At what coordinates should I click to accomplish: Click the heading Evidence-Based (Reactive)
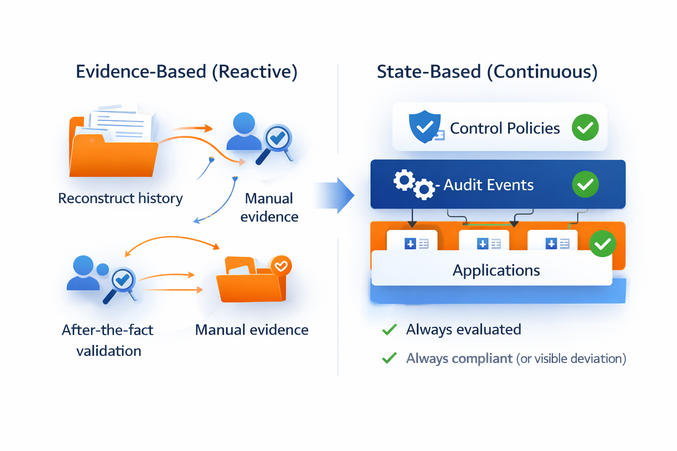click(x=186, y=71)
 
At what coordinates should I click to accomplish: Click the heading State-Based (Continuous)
click(x=487, y=71)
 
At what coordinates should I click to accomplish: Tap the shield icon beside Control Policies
click(x=424, y=126)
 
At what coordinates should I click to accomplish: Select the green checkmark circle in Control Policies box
click(x=585, y=128)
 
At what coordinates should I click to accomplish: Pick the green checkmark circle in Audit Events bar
click(x=585, y=184)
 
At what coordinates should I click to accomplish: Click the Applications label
click(x=496, y=270)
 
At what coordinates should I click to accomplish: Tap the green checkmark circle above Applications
click(x=602, y=244)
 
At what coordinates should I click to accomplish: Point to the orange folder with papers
click(x=113, y=143)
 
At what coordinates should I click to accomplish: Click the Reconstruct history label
click(x=120, y=198)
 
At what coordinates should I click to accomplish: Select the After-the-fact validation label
click(x=108, y=340)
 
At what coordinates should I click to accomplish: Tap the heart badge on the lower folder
click(x=281, y=266)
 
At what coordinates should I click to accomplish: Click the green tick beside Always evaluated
click(x=389, y=329)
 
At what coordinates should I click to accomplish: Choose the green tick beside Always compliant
click(x=389, y=359)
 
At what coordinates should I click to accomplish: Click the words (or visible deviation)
click(x=571, y=359)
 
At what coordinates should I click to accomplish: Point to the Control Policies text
click(x=505, y=128)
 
